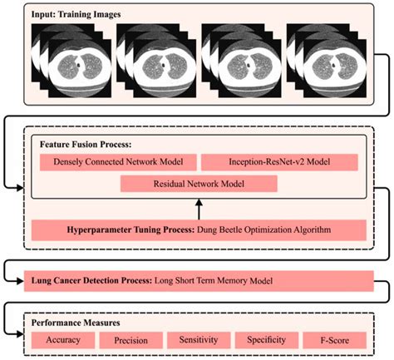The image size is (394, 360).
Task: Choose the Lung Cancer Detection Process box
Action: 198,280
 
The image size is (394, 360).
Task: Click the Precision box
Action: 130,340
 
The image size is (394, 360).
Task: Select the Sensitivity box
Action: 198,340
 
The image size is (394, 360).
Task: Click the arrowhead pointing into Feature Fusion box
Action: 25,184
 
